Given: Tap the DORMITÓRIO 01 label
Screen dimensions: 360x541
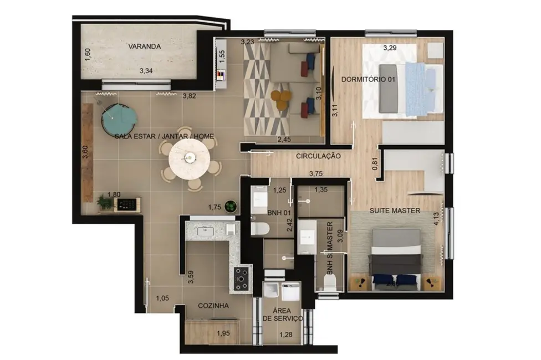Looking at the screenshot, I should (x=369, y=79).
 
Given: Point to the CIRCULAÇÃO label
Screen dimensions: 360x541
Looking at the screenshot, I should (x=318, y=156).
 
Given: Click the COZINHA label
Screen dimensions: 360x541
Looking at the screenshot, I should (x=214, y=305).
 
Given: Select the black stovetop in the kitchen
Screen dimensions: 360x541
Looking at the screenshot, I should (x=242, y=278).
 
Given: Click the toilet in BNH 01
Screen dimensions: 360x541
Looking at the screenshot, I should (x=259, y=228).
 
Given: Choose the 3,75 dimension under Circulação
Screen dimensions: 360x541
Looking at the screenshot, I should (x=315, y=173).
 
